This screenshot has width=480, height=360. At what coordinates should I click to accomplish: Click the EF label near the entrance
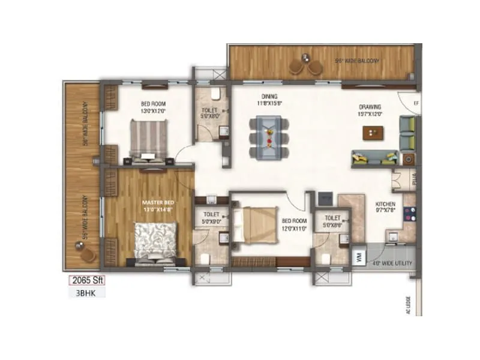pyautogui.click(x=415, y=103)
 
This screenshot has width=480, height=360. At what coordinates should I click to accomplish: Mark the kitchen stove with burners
pyautogui.click(x=410, y=214)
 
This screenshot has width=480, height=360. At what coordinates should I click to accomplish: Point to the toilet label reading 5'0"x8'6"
pyautogui.click(x=332, y=221)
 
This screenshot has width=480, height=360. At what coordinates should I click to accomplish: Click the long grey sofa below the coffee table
pyautogui.click(x=374, y=158)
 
